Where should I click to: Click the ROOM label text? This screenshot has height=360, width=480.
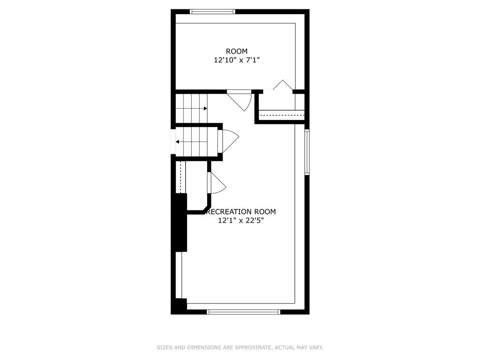237,51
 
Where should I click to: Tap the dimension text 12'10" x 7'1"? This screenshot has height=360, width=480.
237,60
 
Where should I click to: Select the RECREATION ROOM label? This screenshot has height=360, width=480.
241,211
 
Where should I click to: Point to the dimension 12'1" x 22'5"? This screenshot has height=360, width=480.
241,220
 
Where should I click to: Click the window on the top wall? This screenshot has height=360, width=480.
213,12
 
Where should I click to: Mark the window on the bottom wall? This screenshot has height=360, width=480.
244,312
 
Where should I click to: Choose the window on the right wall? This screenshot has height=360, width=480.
307,152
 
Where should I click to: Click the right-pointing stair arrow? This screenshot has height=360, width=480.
192,108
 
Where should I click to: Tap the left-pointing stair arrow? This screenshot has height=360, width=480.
192,142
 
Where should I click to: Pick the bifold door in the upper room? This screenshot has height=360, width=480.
283,84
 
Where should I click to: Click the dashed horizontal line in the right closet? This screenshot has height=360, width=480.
282,115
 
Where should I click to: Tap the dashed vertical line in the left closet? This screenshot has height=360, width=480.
181,176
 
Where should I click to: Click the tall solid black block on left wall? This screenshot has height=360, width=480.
181,223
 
